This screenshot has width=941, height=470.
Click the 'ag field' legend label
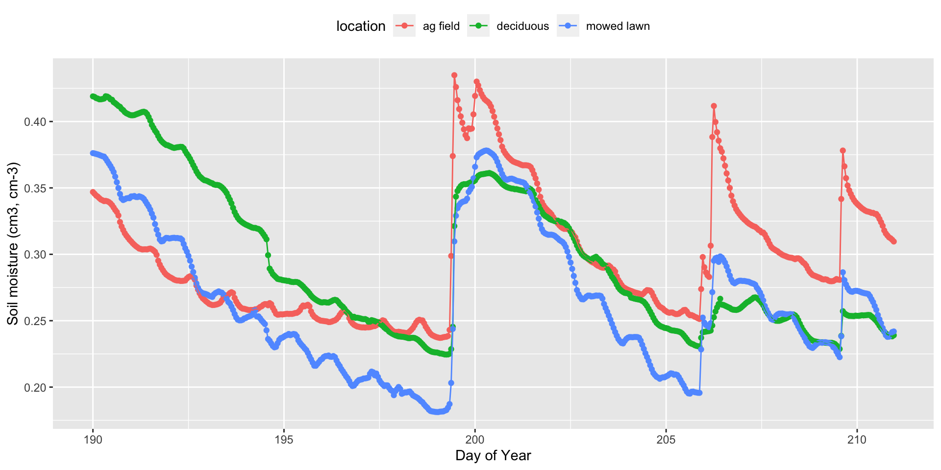coord(441,26)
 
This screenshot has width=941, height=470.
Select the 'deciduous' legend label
coord(522,26)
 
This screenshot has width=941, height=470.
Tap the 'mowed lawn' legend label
coord(618,26)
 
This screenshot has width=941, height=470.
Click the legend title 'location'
coord(361,26)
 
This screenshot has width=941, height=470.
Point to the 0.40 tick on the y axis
coord(35,121)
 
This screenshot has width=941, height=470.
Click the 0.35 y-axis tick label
coord(35,188)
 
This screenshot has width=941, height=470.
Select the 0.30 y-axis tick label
coord(35,255)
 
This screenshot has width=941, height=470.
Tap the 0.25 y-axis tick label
coord(35,321)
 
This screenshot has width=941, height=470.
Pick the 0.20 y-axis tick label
coord(35,387)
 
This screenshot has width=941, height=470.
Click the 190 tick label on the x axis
coord(93,440)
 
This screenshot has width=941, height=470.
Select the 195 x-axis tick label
coord(284,440)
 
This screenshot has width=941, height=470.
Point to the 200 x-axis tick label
coord(474,440)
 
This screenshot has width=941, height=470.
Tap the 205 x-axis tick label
coord(666,440)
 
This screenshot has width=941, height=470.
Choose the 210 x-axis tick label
coord(857,440)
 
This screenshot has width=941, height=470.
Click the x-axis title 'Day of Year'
coord(493,456)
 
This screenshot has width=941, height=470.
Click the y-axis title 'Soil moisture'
coord(13,243)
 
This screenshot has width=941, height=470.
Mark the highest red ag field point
coord(454,75)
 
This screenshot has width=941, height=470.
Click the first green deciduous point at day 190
coord(93,96)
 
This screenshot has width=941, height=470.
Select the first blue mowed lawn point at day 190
coord(93,153)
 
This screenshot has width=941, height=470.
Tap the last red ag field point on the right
coord(894,241)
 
